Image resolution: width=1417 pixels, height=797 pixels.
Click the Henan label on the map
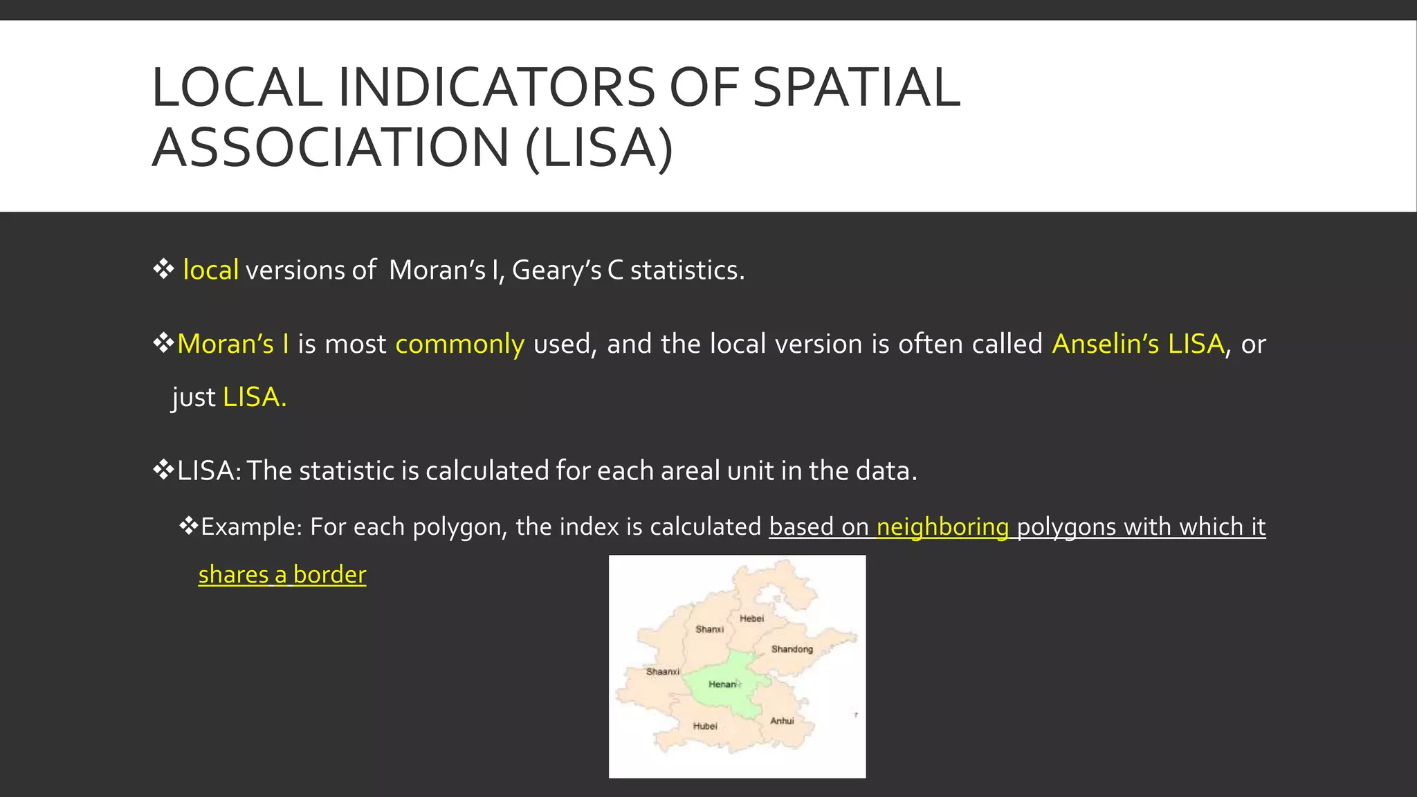(722, 684)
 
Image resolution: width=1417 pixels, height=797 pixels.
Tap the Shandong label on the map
(792, 649)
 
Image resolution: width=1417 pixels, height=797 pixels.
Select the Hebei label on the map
(751, 619)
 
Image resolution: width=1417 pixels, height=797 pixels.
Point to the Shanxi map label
(709, 629)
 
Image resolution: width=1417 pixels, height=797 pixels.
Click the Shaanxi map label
(662, 672)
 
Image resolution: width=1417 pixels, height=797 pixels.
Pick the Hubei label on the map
(705, 726)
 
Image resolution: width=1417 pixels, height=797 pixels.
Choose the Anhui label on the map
(782, 721)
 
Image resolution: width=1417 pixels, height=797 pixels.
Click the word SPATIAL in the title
(856, 88)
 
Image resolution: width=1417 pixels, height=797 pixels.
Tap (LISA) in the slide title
(598, 147)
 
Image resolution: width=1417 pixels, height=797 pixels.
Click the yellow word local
(210, 270)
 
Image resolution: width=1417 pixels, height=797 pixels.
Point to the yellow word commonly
(459, 344)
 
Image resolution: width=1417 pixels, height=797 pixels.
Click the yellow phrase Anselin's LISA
(1137, 344)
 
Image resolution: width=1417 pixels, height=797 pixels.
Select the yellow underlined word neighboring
(942, 527)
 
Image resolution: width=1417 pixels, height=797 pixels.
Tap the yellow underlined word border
(329, 575)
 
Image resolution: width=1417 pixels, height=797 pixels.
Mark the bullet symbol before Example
(188, 526)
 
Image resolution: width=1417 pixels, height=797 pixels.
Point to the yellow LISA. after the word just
(254, 397)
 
